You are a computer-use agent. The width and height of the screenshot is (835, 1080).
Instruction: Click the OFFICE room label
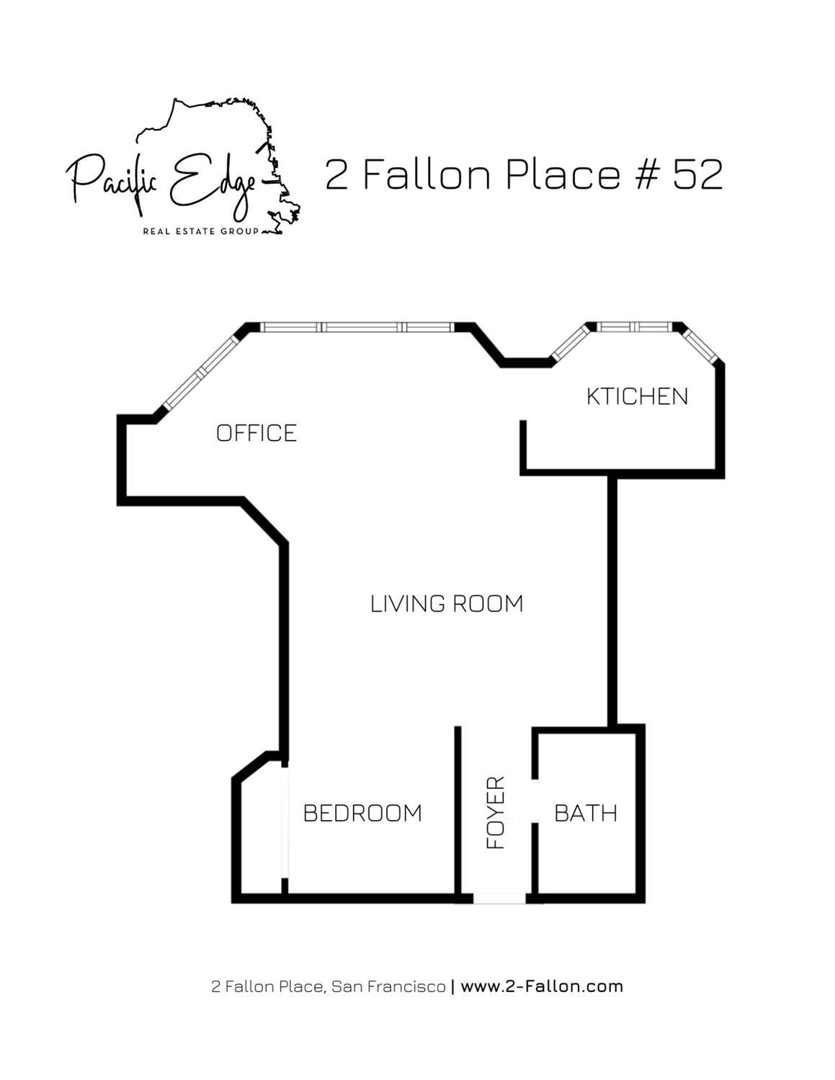point(256,433)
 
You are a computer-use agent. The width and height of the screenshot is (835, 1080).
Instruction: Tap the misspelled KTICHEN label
point(637,396)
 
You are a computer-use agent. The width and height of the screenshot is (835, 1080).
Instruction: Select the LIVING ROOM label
point(447,604)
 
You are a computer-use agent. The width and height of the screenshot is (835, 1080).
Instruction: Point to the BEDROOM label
point(362,813)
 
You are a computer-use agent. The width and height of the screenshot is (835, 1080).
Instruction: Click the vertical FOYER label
point(496,812)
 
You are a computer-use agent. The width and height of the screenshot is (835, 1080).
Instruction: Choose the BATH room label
point(586,813)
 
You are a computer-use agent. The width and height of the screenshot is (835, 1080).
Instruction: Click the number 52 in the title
point(697,174)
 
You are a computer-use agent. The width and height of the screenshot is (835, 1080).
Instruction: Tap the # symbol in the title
point(647,174)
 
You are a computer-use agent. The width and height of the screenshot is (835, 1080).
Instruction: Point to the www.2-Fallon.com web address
point(542,986)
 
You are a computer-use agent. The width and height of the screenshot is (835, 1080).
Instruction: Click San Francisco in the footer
point(388,986)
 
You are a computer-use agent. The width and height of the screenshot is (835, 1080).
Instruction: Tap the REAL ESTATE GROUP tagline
point(201,231)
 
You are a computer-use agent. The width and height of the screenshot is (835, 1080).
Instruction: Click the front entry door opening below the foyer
point(499,898)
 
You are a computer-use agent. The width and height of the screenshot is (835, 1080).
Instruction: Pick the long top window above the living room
point(357,327)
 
